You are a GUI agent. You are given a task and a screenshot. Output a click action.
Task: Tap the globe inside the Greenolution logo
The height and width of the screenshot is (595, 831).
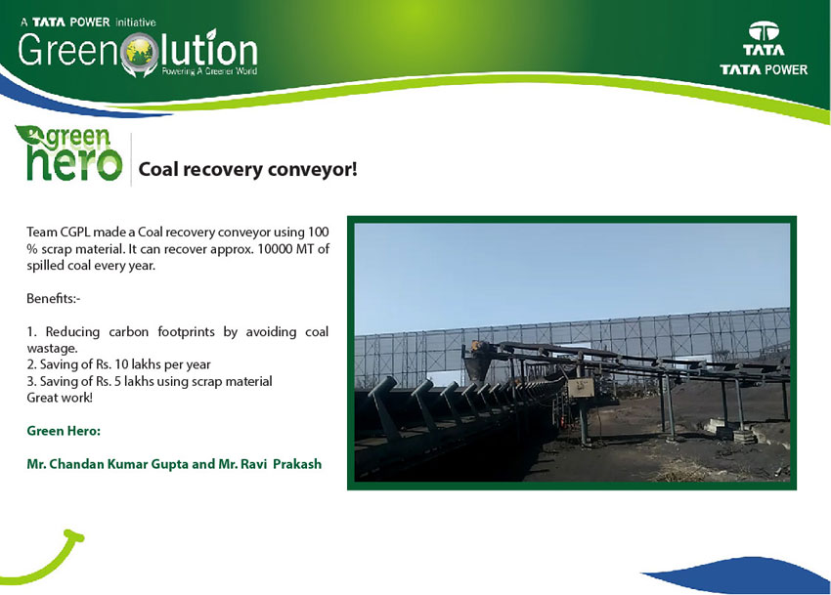(140, 52)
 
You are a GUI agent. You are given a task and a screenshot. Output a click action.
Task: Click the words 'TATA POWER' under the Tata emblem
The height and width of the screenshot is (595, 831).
(764, 69)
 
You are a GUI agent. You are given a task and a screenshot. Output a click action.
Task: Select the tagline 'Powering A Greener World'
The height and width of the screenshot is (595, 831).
(209, 71)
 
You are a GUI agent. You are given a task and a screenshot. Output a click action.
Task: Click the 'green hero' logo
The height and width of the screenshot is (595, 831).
(69, 152)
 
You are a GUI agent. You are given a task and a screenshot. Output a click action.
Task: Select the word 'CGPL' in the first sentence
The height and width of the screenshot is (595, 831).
(74, 233)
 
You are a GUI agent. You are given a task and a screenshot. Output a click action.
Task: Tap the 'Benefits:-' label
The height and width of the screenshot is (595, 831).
(53, 298)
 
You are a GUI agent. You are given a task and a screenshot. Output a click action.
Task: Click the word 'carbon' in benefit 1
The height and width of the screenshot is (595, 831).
(128, 331)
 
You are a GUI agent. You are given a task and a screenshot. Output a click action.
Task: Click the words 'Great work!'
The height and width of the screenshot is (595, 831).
(60, 398)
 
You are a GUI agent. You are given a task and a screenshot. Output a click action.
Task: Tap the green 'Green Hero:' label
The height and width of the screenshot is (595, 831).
(64, 431)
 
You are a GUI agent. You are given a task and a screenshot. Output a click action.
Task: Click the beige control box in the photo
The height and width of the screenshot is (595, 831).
(581, 388)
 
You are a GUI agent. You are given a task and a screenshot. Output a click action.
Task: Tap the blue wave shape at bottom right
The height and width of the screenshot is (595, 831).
(742, 575)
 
